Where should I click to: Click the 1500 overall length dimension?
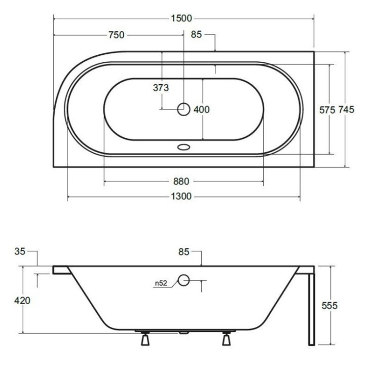[181, 19]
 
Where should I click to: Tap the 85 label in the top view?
[197, 35]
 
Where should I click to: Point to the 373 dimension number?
[161, 88]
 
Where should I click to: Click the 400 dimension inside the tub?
[202, 109]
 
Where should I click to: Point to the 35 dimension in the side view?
[20, 250]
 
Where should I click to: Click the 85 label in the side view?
[183, 250]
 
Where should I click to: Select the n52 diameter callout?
[162, 284]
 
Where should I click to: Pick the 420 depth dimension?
[22, 300]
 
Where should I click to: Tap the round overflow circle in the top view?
[183, 108]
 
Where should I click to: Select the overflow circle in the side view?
[183, 279]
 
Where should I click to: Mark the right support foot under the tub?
[226, 339]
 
